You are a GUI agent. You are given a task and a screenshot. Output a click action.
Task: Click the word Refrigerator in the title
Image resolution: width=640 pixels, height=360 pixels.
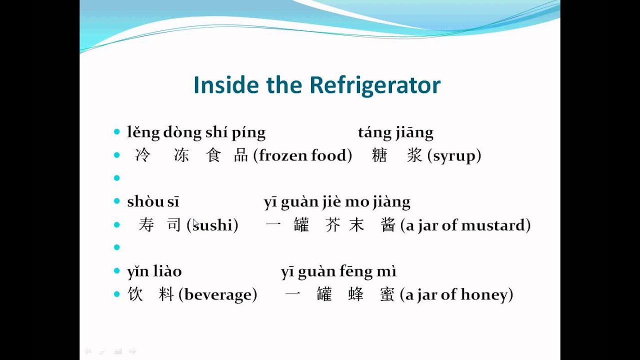click(375, 85)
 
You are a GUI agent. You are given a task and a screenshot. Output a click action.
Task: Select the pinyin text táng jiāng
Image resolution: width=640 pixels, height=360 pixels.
click(395, 132)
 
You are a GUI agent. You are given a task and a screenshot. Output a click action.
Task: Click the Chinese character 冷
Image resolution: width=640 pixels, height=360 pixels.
click(142, 155)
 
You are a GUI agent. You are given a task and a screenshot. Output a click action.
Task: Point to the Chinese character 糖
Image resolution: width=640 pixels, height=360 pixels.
click(379, 155)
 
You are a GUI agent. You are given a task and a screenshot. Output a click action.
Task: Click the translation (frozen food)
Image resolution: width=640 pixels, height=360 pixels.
click(302, 155)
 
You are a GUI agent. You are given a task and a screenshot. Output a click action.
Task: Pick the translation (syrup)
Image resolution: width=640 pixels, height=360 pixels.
click(454, 155)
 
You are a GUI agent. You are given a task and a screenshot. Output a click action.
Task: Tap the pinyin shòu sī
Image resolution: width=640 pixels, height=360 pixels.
click(153, 201)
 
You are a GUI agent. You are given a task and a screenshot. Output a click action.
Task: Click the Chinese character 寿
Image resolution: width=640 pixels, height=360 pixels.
click(146, 225)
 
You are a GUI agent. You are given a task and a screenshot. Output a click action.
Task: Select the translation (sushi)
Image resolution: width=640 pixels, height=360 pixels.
click(212, 225)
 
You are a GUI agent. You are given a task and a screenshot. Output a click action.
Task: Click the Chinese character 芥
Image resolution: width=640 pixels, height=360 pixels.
click(332, 225)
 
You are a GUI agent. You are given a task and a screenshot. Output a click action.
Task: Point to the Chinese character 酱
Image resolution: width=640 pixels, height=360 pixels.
click(388, 225)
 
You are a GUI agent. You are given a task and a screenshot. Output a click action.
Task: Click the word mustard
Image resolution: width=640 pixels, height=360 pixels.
click(495, 225)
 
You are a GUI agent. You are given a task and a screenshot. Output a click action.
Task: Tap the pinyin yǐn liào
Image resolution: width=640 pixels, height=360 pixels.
click(154, 271)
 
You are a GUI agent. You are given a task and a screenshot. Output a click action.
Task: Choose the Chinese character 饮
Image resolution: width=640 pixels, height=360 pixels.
click(135, 294)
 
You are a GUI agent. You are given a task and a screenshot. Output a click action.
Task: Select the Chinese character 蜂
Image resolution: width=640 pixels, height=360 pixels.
click(356, 294)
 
